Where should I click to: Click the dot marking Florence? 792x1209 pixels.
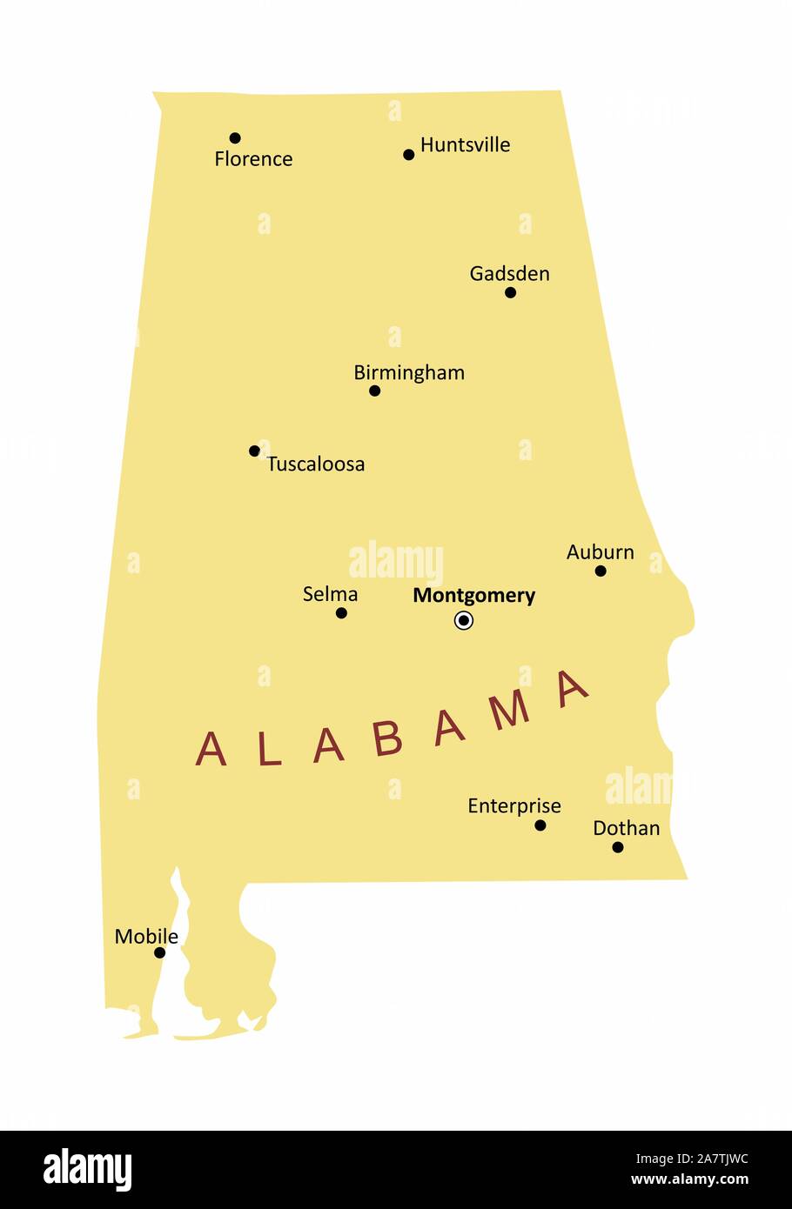click(235, 137)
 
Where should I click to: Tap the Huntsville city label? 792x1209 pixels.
click(465, 145)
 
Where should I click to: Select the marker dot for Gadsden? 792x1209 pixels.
click(510, 292)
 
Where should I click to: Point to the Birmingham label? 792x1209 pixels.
click(408, 373)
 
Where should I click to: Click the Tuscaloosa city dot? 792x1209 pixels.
click(254, 451)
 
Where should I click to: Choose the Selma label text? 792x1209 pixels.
click(330, 594)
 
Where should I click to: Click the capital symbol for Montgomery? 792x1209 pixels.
click(464, 620)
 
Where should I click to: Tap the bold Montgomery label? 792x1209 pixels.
click(473, 596)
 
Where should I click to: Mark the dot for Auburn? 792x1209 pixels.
click(601, 571)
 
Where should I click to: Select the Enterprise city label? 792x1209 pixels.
click(513, 806)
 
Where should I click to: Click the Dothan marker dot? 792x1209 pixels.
click(618, 847)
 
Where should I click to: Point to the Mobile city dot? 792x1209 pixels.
click(159, 952)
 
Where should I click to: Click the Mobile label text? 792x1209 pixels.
click(146, 937)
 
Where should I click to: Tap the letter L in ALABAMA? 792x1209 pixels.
click(269, 750)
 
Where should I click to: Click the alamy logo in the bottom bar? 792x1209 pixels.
click(87, 1170)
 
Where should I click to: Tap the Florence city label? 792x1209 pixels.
click(253, 159)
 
